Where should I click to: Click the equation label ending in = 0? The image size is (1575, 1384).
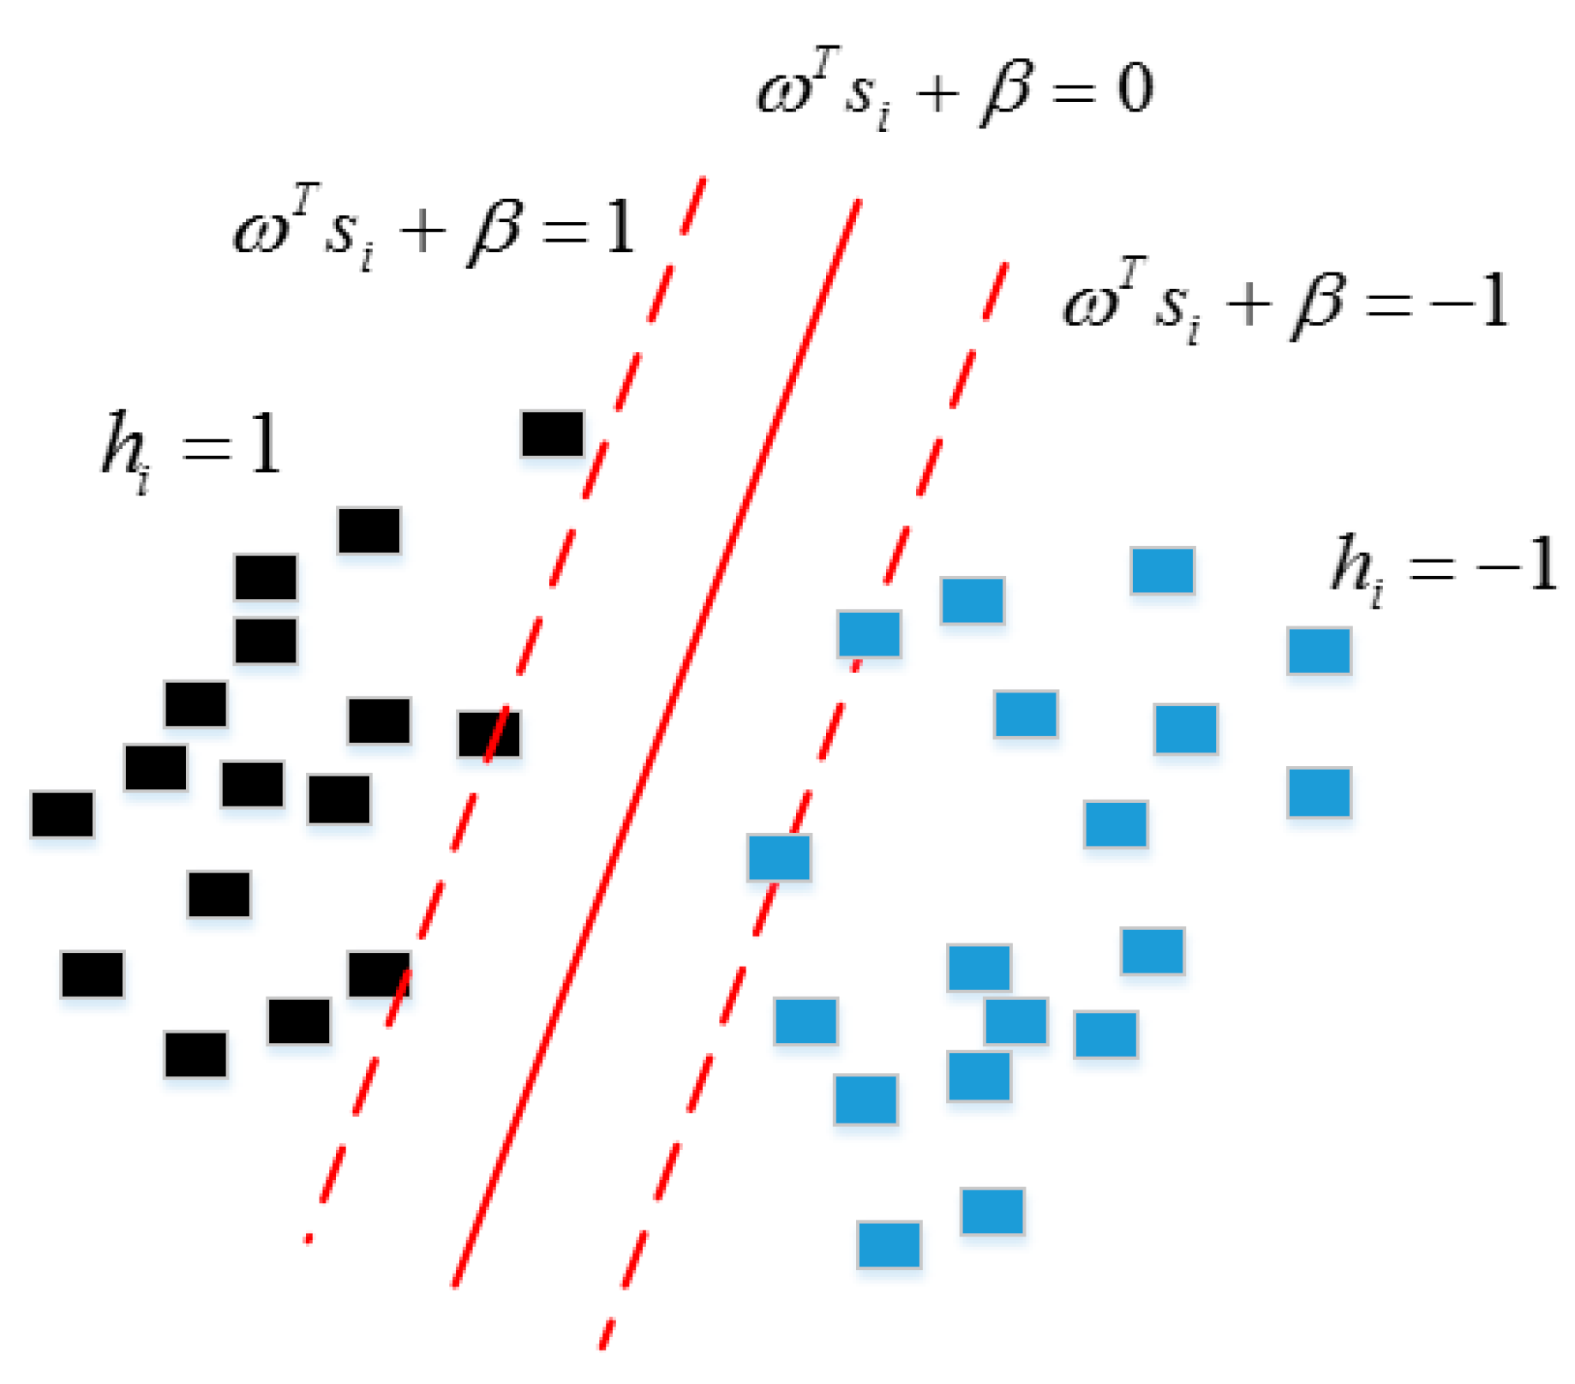[953, 90]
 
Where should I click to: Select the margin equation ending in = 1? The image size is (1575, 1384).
[433, 230]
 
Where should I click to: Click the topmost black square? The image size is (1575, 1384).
[553, 434]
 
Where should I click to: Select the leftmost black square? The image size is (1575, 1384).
[63, 813]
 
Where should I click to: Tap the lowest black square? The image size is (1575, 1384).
[196, 1054]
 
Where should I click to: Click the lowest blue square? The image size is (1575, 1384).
[889, 1244]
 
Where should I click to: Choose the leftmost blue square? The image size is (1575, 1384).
[779, 857]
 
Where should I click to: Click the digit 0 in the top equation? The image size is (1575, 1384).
[1134, 88]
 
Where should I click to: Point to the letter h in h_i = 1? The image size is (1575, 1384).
[122, 444]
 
